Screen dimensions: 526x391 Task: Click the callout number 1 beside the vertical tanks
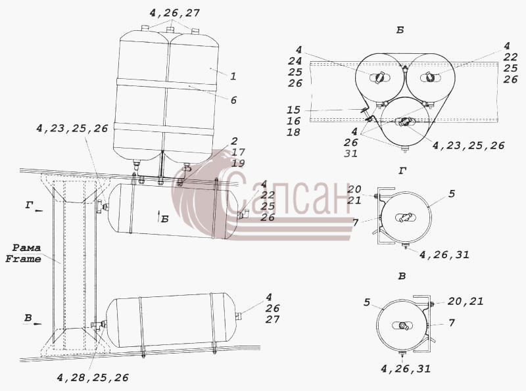[x=233, y=76]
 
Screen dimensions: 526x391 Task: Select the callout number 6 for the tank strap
[x=234, y=100]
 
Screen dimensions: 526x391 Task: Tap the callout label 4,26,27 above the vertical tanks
[x=175, y=13]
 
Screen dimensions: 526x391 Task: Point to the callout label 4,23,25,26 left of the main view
[x=72, y=128]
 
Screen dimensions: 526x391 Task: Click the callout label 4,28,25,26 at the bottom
[x=93, y=378]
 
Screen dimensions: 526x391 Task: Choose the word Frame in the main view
[x=24, y=259]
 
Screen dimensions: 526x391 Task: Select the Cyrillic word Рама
[x=26, y=248]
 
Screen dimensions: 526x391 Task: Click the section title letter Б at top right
[x=400, y=30]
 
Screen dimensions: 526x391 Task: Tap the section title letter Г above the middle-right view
[x=402, y=171]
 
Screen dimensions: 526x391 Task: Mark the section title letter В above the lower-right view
[x=402, y=276]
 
